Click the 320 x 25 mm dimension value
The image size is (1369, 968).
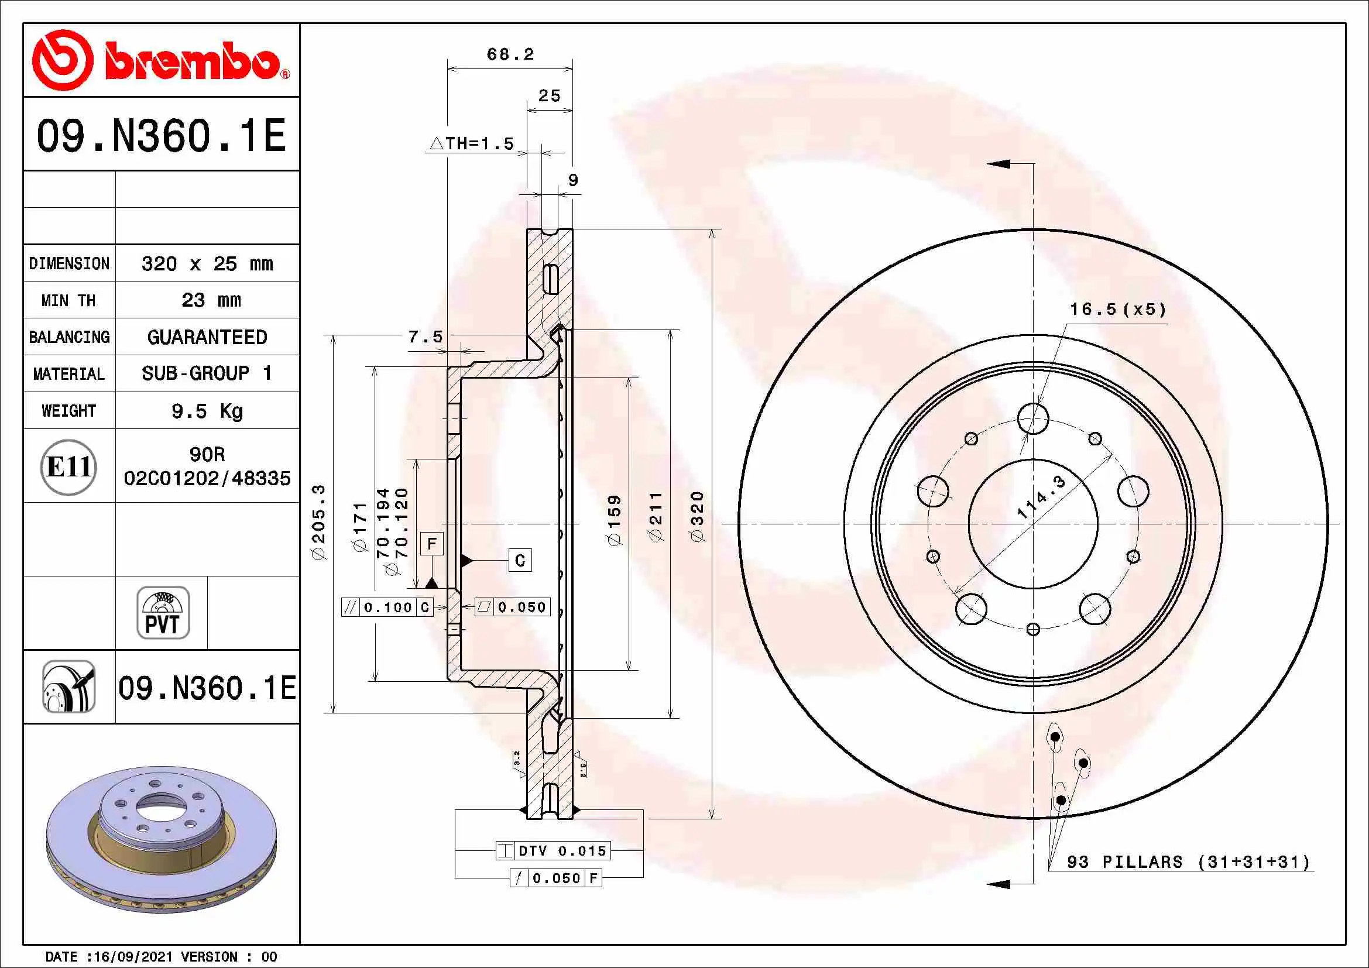pyautogui.click(x=207, y=263)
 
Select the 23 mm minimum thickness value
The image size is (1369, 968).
pyautogui.click(x=211, y=300)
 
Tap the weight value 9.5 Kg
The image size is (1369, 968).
pyautogui.click(x=207, y=411)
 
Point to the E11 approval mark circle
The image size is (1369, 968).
pyautogui.click(x=68, y=466)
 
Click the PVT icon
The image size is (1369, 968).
pyautogui.click(x=163, y=612)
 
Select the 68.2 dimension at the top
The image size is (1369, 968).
pyautogui.click(x=510, y=54)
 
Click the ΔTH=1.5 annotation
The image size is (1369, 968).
pyautogui.click(x=472, y=143)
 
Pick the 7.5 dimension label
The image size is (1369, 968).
pyautogui.click(x=426, y=337)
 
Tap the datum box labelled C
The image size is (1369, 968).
pyautogui.click(x=520, y=560)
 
